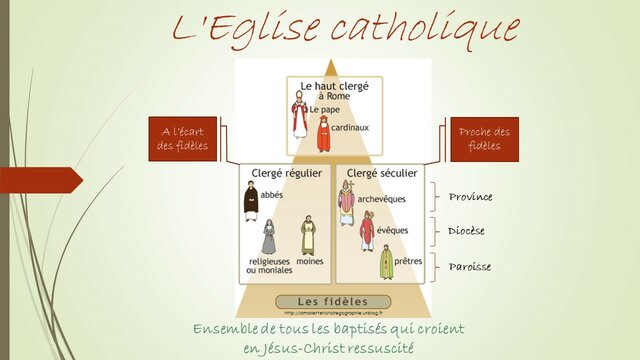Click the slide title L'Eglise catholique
coord(345,29)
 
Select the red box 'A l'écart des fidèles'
coord(186,139)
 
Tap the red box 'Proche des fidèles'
coord(484,139)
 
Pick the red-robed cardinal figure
coord(323,134)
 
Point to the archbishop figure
coord(346,202)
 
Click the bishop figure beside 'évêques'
coord(367,231)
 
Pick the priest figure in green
coord(386,263)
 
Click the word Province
coord(470,196)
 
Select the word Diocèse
coord(467,231)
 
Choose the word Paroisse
coord(469,267)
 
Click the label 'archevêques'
coord(382,199)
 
